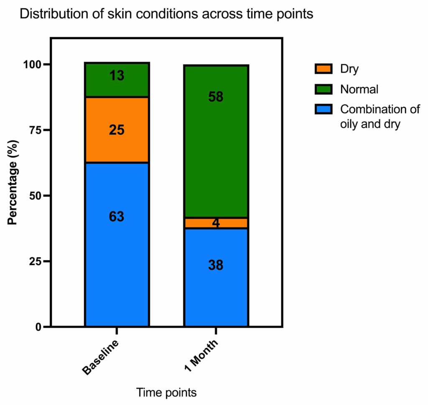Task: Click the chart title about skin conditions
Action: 166,14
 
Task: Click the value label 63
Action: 117,217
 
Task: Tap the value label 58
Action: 216,97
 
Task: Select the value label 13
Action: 117,76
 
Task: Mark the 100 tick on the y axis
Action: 33,65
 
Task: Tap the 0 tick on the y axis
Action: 39,327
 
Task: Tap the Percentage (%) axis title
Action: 13,184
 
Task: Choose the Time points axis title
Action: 166,393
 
